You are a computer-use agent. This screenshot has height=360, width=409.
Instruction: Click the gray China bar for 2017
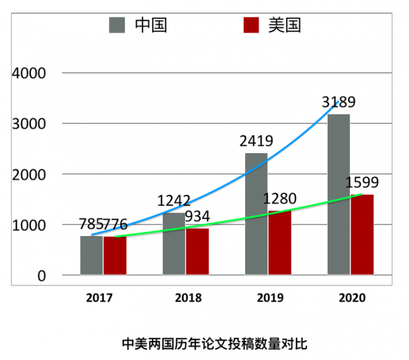pyautogui.click(x=92, y=255)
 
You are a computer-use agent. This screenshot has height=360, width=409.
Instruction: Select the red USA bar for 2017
pyautogui.click(x=115, y=255)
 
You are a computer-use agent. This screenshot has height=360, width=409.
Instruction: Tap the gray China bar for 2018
pyautogui.click(x=174, y=245)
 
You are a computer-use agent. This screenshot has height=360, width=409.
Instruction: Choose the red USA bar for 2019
pyautogui.click(x=280, y=243)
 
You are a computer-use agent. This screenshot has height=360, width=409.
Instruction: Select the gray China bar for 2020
pyautogui.click(x=339, y=195)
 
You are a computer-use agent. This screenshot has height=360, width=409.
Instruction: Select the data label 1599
pyautogui.click(x=362, y=182)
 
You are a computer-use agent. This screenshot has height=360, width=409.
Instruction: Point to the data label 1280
pyautogui.click(x=279, y=199)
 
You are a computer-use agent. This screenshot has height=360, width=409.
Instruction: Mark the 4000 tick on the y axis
pyautogui.click(x=29, y=73)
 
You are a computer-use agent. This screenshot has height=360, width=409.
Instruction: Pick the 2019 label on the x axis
pyautogui.click(x=270, y=297)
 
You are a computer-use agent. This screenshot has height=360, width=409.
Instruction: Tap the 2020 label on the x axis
pyautogui.click(x=352, y=297)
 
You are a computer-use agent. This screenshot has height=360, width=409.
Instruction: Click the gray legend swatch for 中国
pyautogui.click(x=117, y=26)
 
